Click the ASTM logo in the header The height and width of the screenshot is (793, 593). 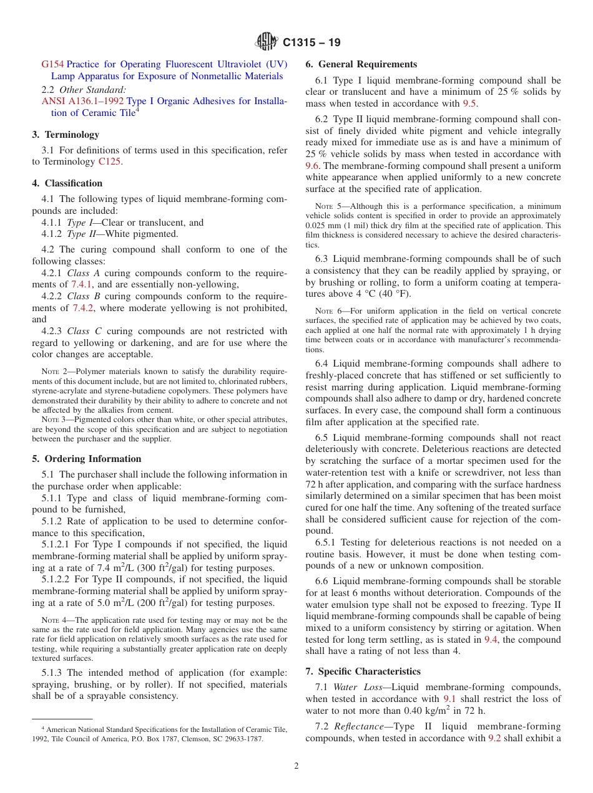pyautogui.click(x=267, y=42)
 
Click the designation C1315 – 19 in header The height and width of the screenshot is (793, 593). pyautogui.click(x=311, y=43)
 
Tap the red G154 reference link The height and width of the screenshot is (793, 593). pyautogui.click(x=52, y=64)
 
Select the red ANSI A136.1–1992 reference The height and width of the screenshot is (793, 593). pyautogui.click(x=82, y=101)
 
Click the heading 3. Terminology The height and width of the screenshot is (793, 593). pyautogui.click(x=66, y=135)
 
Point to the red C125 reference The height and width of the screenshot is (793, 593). pyautogui.click(x=110, y=162)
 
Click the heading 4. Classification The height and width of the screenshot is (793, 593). pyautogui.click(x=67, y=183)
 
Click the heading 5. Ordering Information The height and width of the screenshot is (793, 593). pyautogui.click(x=86, y=459)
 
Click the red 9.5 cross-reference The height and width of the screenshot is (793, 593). pyautogui.click(x=469, y=104)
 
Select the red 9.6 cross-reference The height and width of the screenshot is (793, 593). pyautogui.click(x=313, y=166)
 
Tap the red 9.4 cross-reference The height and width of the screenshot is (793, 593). pyautogui.click(x=491, y=640)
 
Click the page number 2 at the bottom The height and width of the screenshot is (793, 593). pyautogui.click(x=296, y=766)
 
